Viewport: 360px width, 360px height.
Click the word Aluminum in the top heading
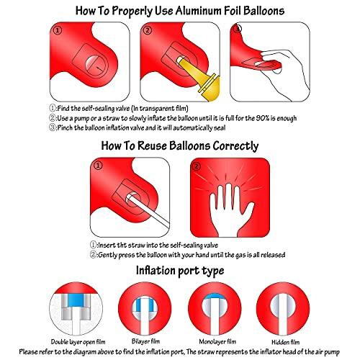pos(196,11)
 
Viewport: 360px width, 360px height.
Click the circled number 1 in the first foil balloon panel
pos(58,30)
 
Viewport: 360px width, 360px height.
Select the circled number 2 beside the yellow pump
pos(148,30)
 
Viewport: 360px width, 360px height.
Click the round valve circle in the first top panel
pos(96,66)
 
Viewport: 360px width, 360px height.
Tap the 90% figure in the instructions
pos(263,118)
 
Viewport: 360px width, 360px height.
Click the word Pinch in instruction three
pos(65,127)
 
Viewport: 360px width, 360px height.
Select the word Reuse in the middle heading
pos(152,146)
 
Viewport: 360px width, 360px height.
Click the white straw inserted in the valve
pos(148,211)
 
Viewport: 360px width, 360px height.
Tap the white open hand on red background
pos(229,210)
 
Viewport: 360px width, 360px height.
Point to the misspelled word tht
pos(122,246)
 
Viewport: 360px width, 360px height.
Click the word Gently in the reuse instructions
pos(107,255)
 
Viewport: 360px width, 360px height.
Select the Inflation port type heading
pos(180,271)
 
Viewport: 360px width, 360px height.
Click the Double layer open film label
pos(78,342)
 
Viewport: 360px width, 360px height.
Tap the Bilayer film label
pos(145,341)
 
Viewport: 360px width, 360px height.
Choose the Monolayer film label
pos(217,341)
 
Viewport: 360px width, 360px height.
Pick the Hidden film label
pos(285,342)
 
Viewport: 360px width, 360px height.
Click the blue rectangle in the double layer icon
pos(76,300)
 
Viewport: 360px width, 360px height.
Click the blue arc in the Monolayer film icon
pos(215,297)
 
